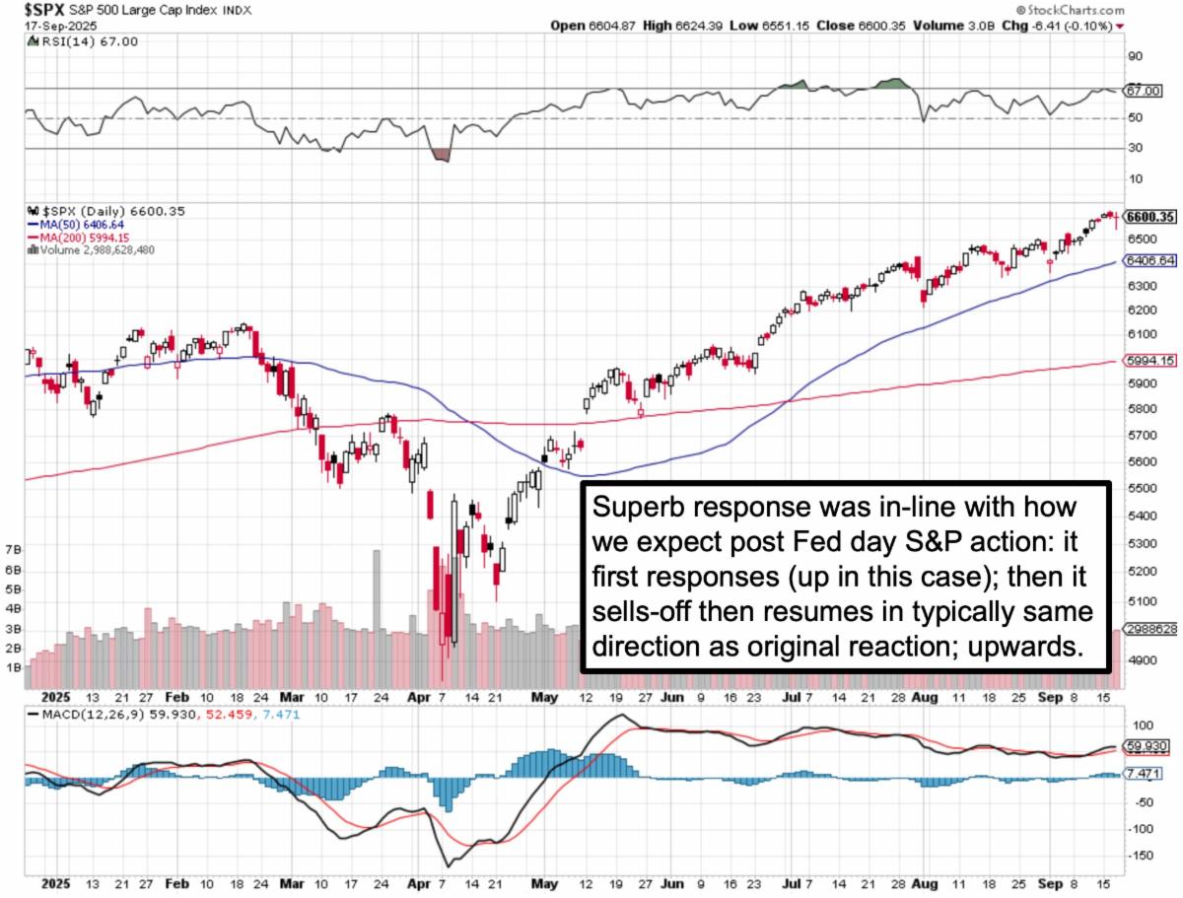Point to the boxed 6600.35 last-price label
[1148, 216]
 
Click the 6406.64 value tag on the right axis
[1148, 261]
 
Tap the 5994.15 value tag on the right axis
[1148, 362]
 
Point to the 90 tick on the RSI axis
[1135, 57]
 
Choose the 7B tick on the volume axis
[14, 548]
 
